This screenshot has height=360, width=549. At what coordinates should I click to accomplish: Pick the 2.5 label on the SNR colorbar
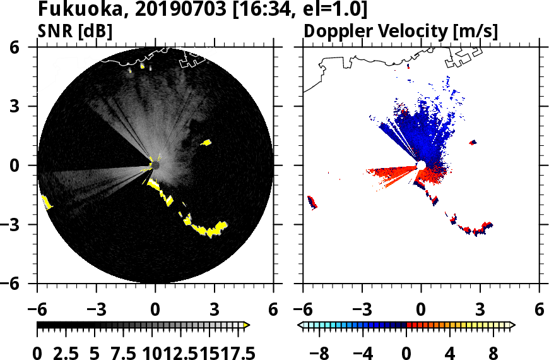[68, 352]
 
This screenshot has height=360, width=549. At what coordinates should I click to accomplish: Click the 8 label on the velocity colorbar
[493, 352]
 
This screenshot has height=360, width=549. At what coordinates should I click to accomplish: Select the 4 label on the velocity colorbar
[450, 352]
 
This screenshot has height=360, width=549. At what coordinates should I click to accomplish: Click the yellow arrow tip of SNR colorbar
[247, 325]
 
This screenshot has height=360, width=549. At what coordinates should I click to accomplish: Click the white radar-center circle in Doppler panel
[421, 165]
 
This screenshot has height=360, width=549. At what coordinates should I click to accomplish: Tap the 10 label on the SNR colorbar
[152, 352]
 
